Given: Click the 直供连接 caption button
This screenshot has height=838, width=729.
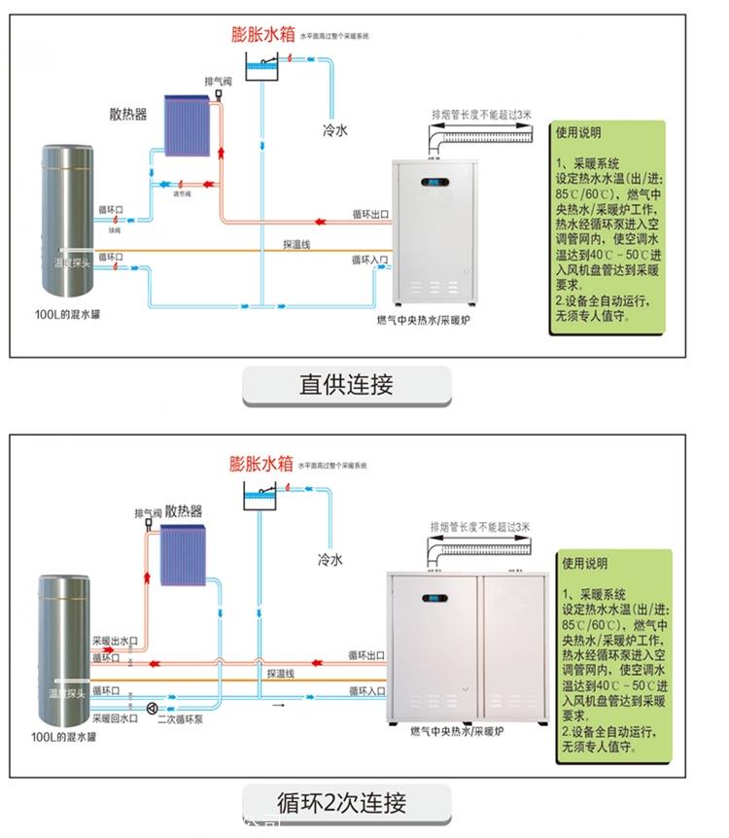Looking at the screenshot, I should (346, 385).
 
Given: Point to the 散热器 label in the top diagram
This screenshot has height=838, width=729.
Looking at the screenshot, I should (128, 114).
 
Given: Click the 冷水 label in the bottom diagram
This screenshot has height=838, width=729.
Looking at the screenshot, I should (330, 560).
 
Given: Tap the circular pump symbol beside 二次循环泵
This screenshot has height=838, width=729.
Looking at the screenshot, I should (152, 708).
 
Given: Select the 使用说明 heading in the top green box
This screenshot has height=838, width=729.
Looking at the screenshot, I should (579, 132).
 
